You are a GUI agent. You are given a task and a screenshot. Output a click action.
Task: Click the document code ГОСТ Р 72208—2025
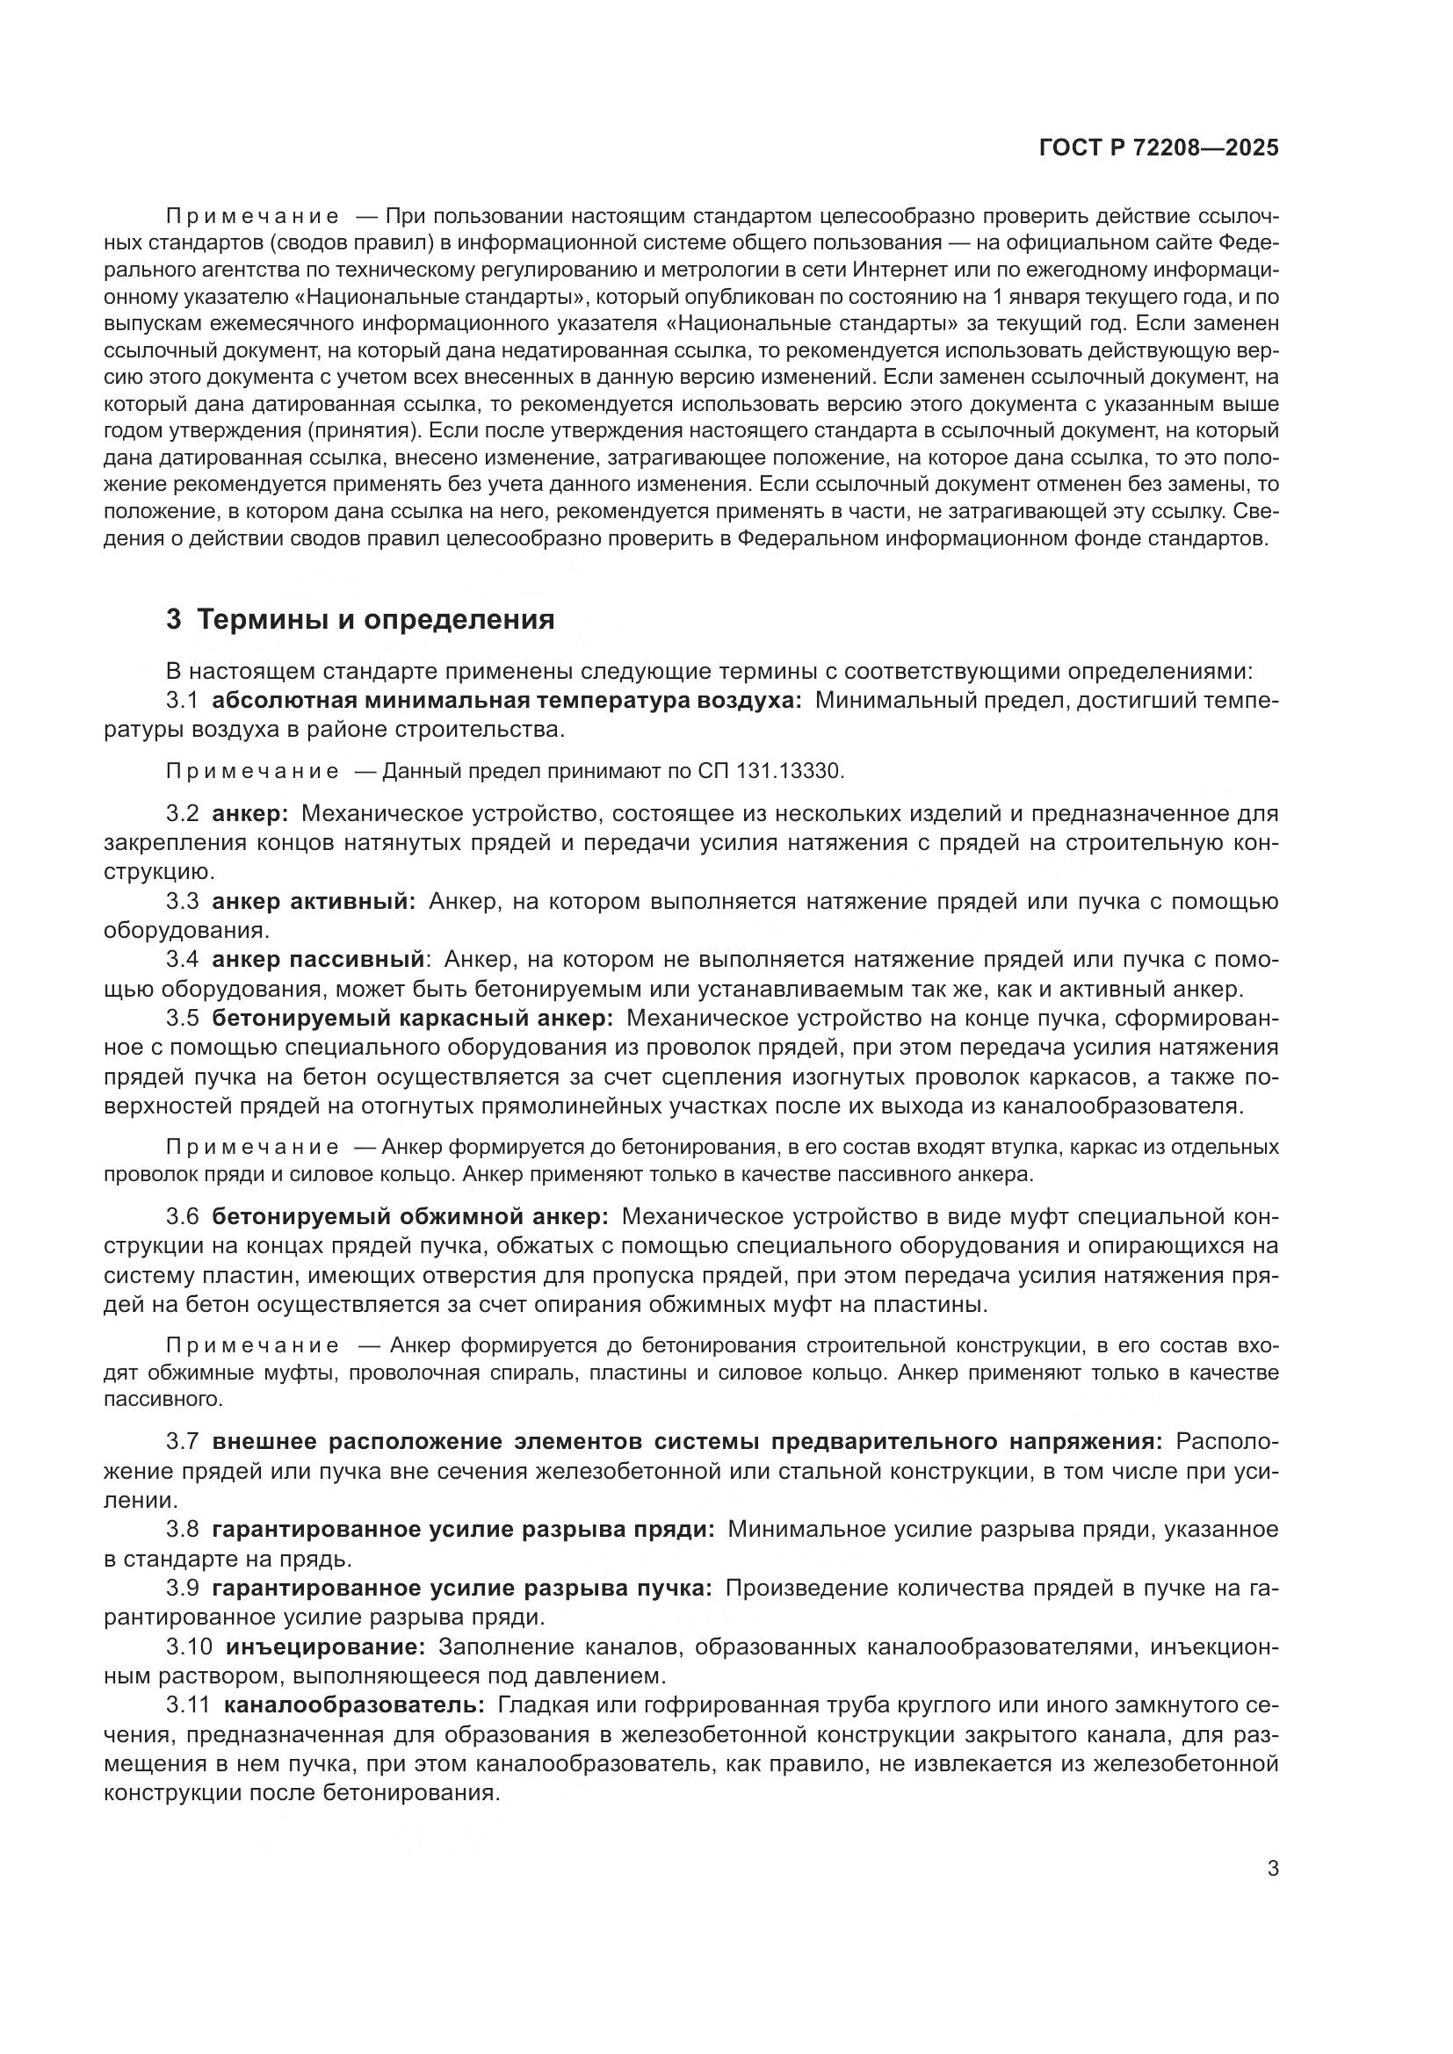[1159, 148]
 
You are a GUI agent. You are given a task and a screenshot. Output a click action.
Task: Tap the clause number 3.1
[182, 701]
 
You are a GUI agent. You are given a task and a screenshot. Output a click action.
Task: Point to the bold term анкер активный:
[313, 901]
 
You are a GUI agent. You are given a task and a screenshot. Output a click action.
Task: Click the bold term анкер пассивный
[317, 960]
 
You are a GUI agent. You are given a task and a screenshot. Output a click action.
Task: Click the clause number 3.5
[182, 1018]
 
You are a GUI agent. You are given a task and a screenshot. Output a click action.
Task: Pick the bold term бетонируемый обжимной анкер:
[409, 1216]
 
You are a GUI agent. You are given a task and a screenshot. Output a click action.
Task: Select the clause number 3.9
[182, 1588]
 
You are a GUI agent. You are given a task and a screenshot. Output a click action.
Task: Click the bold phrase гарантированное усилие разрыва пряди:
[463, 1530]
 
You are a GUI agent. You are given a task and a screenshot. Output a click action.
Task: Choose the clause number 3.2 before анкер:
[182, 813]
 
